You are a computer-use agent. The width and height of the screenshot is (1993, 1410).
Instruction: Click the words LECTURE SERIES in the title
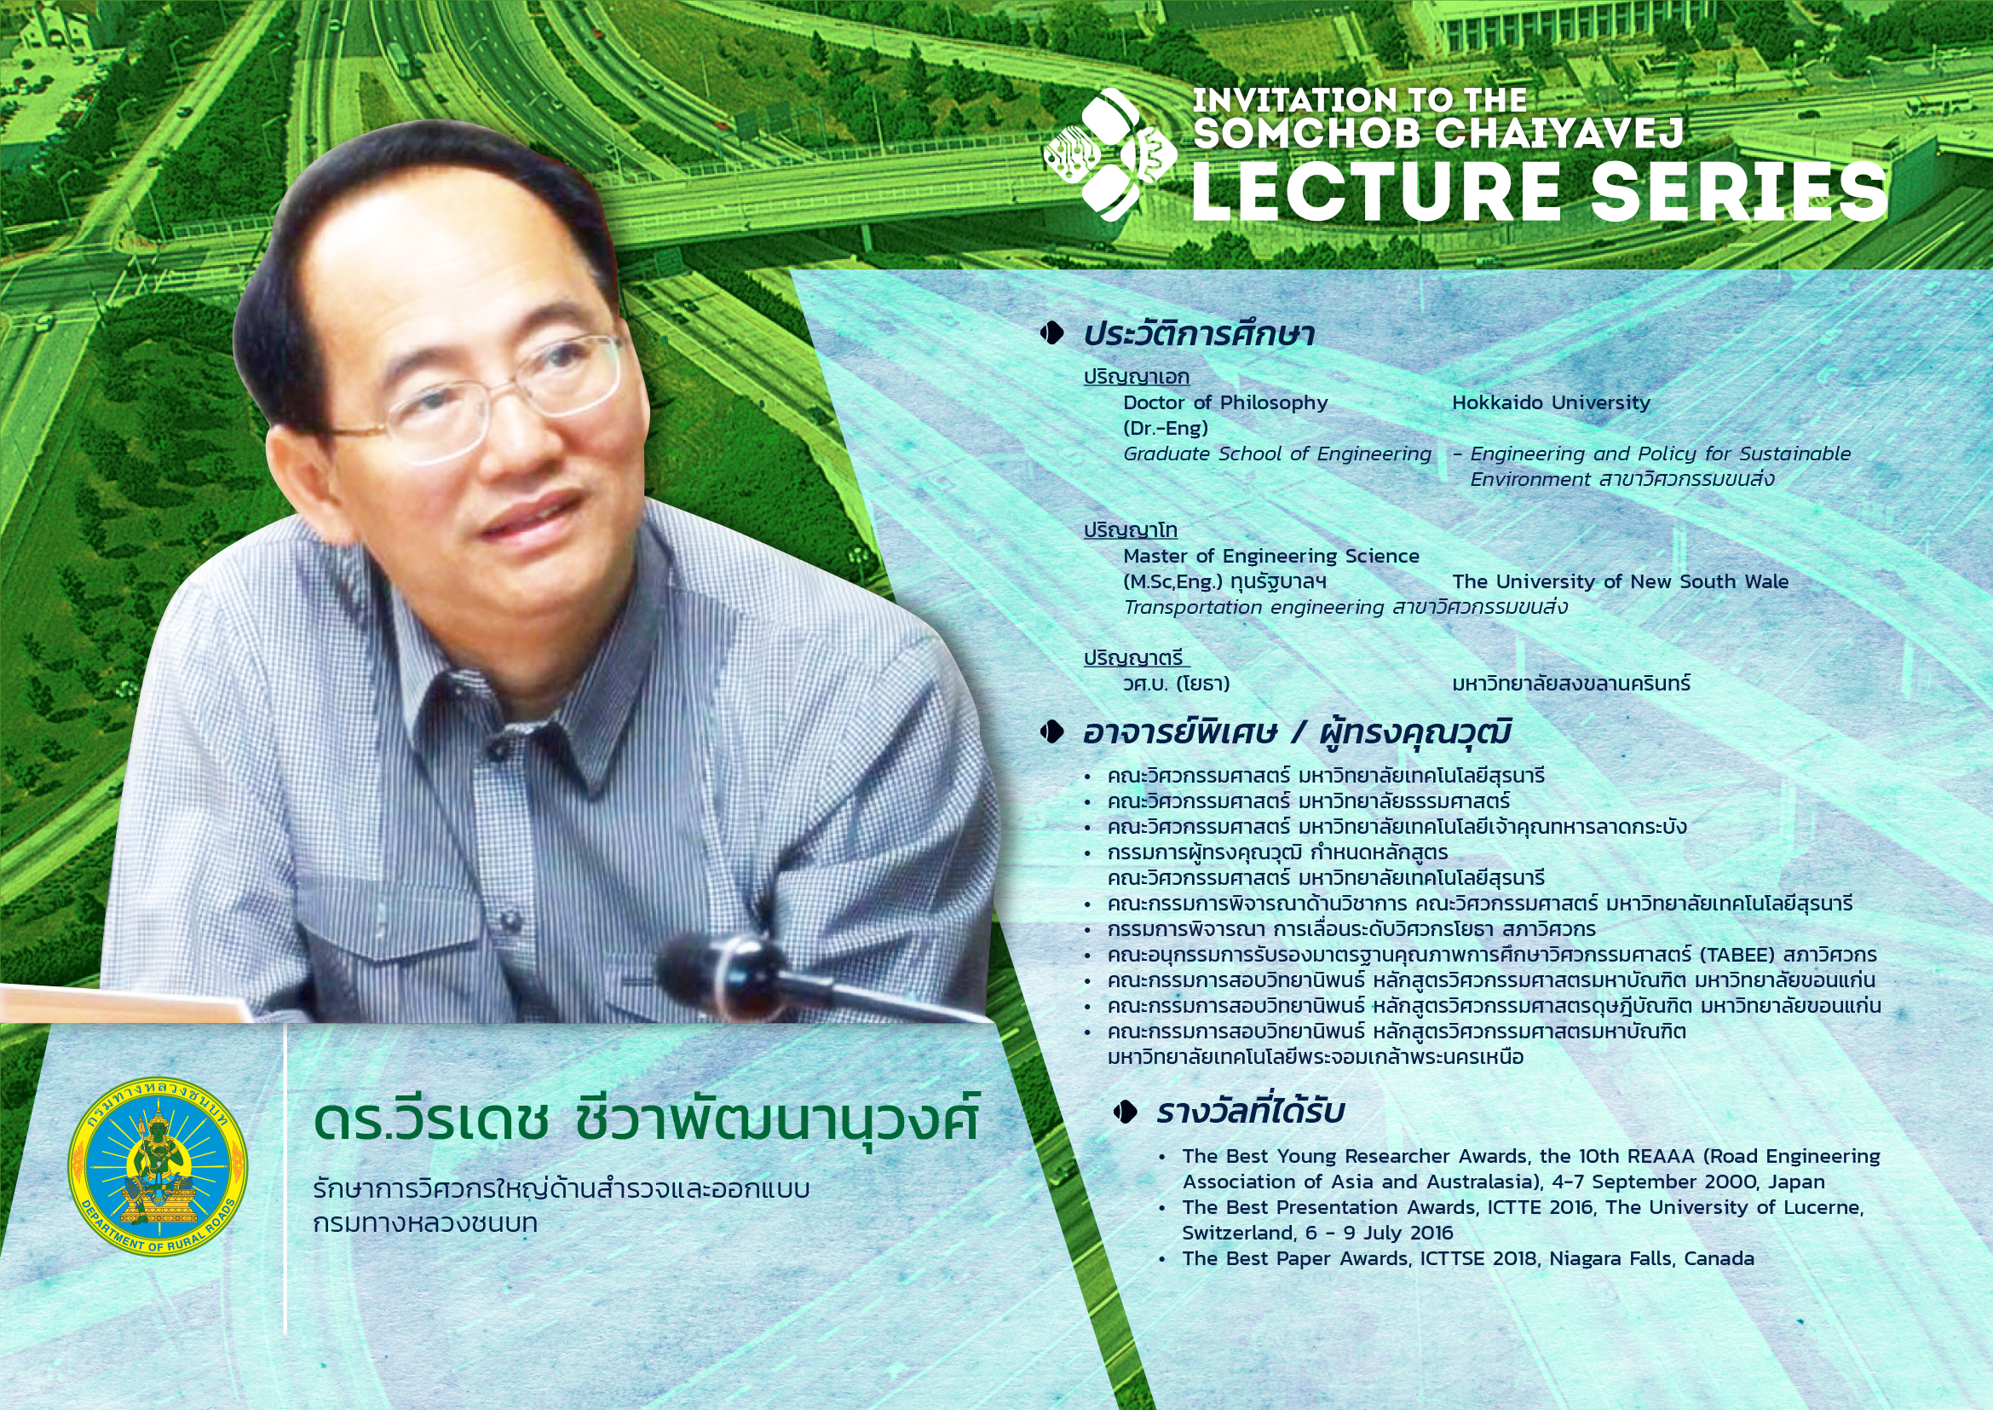point(1539,191)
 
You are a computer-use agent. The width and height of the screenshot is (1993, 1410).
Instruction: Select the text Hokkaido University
point(1551,402)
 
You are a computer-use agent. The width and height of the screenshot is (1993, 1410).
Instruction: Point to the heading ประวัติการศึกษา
point(1199,334)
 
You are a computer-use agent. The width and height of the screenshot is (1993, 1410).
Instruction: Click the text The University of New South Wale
point(1621,581)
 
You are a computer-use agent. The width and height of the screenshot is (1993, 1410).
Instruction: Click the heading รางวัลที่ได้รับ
point(1250,1112)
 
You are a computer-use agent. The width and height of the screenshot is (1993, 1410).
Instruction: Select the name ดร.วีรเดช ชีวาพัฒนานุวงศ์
point(646,1120)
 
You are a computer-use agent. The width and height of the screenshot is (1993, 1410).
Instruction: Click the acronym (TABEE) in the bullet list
point(1736,955)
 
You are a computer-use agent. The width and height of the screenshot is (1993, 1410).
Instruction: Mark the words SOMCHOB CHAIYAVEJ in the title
point(1438,133)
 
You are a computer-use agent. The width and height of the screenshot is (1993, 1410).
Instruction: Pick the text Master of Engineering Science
point(1270,556)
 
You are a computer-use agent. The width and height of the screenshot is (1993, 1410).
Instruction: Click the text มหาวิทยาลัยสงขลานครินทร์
point(1571,684)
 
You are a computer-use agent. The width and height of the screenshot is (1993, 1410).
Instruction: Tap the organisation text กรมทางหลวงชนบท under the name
point(425,1223)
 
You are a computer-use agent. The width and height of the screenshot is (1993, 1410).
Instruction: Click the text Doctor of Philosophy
point(1225,403)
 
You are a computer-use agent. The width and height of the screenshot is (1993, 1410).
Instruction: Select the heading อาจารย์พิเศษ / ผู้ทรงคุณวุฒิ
point(1297,733)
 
